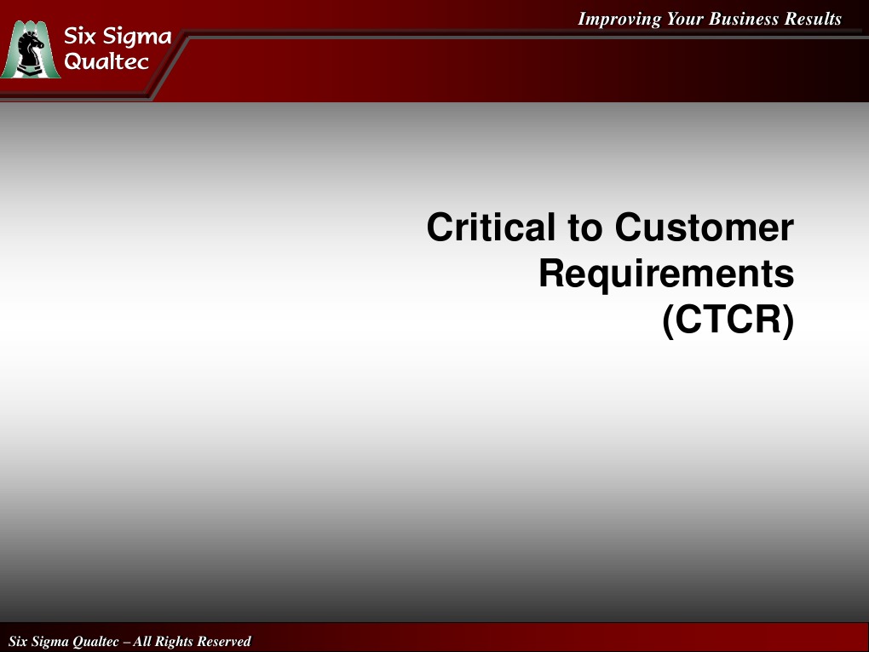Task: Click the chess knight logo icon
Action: pyautogui.click(x=32, y=51)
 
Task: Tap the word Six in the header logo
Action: pyautogui.click(x=84, y=37)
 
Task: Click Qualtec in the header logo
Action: pyautogui.click(x=107, y=61)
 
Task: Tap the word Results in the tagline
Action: pyautogui.click(x=813, y=19)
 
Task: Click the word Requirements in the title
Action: pyautogui.click(x=666, y=274)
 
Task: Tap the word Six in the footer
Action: pyautogui.click(x=18, y=641)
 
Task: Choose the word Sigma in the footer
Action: pyautogui.click(x=50, y=641)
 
